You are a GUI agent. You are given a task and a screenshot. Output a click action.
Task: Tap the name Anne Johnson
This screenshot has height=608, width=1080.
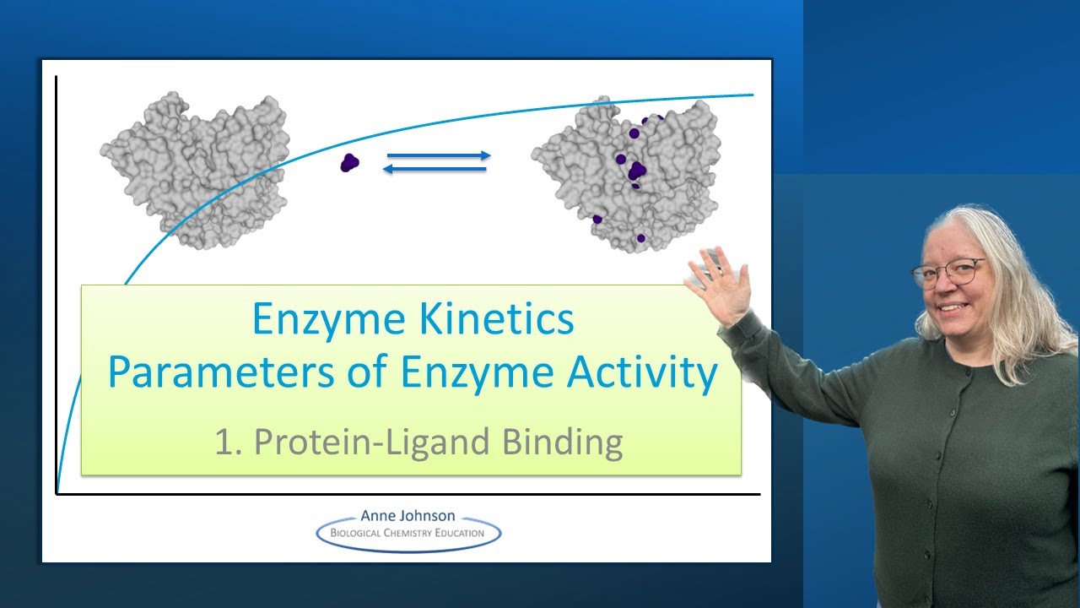408,515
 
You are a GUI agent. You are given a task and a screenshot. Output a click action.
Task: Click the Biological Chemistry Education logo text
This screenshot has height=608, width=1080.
408,533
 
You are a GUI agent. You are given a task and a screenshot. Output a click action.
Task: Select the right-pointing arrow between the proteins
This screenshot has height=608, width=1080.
438,155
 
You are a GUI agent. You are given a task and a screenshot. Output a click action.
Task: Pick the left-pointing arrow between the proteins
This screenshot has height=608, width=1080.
435,170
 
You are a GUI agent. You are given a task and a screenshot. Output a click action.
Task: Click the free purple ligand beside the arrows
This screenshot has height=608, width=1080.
349,162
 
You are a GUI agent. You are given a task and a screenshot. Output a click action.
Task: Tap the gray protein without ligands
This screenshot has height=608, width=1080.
196,169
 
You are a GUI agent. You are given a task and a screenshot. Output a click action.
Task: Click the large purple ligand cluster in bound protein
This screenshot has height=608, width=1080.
637,171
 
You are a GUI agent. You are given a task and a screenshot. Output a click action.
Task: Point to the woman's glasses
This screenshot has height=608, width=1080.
948,273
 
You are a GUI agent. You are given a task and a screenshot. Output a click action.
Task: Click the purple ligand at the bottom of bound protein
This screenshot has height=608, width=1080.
640,239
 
